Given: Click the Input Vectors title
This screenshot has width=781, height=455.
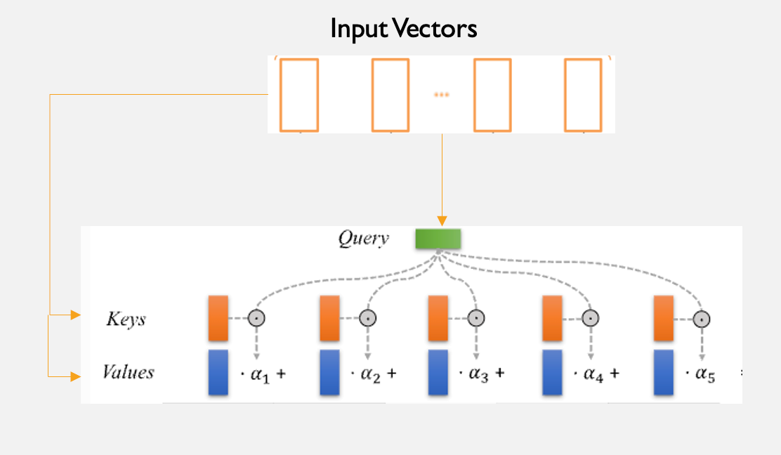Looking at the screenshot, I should (x=404, y=29).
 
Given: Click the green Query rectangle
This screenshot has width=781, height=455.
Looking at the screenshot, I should (x=438, y=239).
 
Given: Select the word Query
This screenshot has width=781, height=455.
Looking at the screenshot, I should (x=363, y=239).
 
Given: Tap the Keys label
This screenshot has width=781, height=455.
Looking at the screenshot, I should (x=126, y=319).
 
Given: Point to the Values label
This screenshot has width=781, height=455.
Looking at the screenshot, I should (x=128, y=372).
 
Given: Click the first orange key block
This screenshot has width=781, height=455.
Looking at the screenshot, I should (x=218, y=318).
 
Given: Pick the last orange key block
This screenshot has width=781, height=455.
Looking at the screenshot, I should (x=664, y=318).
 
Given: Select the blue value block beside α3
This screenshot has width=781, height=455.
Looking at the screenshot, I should (x=438, y=372).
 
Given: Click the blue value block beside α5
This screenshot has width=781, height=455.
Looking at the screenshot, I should (x=664, y=372).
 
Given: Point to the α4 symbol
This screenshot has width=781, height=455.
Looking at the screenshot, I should (x=593, y=374).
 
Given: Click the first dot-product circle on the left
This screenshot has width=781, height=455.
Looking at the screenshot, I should (x=257, y=318).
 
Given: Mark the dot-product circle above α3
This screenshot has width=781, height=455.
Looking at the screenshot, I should (x=476, y=318).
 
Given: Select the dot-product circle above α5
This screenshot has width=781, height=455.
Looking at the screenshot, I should (x=700, y=318).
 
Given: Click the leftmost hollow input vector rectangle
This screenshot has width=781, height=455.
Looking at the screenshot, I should (x=299, y=95).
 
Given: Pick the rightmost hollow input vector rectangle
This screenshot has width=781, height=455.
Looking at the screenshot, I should (x=584, y=95).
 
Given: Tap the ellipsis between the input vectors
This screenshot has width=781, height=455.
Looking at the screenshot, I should (x=441, y=95).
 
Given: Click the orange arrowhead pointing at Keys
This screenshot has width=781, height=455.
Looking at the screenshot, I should (x=76, y=316).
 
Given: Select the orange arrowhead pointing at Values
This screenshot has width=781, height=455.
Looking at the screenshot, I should (x=76, y=377).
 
